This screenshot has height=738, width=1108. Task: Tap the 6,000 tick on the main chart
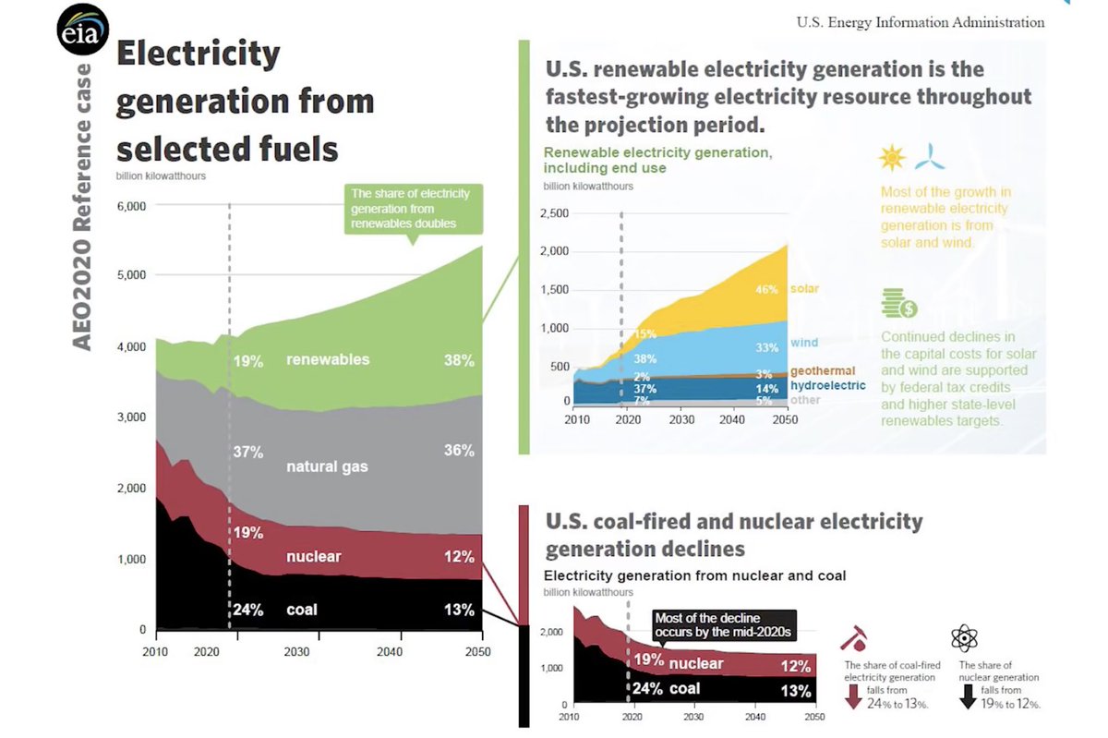(x=131, y=205)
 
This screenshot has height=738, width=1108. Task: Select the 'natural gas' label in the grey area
(x=327, y=466)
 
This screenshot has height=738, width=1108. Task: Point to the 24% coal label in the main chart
(x=248, y=610)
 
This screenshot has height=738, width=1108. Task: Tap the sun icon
(x=892, y=158)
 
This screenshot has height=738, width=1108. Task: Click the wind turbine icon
(x=930, y=157)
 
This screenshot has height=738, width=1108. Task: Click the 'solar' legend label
(x=803, y=289)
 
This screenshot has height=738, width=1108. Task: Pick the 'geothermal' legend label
(x=823, y=370)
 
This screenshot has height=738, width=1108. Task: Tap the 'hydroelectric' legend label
(x=827, y=385)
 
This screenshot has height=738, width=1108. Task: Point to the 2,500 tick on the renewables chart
(x=553, y=213)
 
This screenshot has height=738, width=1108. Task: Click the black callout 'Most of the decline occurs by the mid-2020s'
(x=723, y=625)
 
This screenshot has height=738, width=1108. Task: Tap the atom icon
(x=964, y=637)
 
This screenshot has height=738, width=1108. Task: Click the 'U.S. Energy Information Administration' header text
(x=921, y=22)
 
